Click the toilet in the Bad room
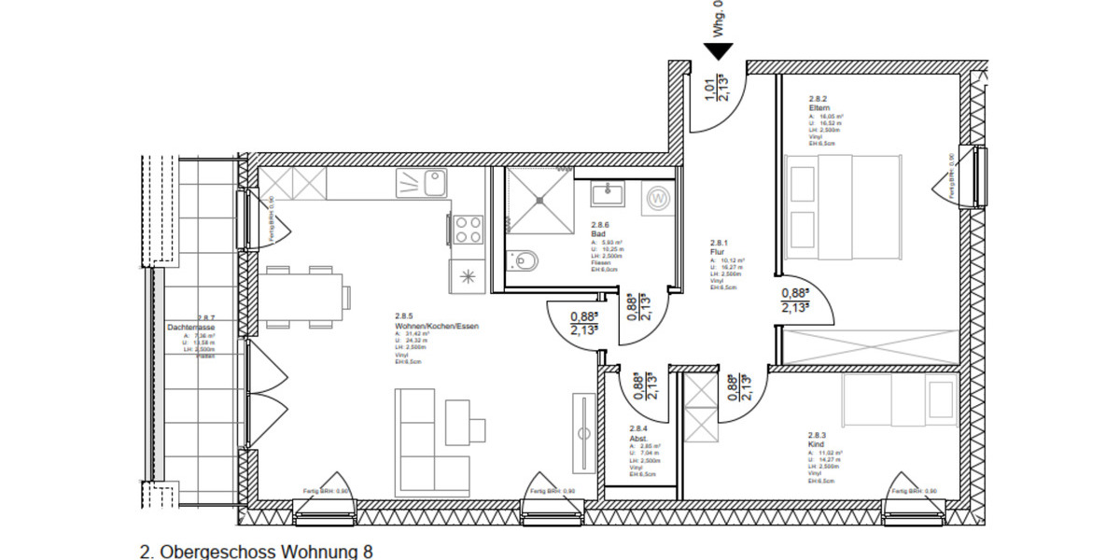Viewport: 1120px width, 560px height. click(x=525, y=261)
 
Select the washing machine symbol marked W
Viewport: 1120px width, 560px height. click(x=659, y=198)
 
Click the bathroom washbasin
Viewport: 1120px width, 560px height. click(x=607, y=194)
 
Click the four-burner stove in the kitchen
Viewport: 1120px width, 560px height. click(x=468, y=229)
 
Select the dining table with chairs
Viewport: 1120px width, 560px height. click(x=305, y=297)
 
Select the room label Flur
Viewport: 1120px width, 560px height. click(x=717, y=251)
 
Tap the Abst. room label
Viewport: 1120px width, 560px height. click(x=638, y=439)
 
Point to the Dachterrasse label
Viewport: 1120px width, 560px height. click(x=192, y=329)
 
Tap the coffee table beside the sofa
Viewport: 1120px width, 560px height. click(x=465, y=423)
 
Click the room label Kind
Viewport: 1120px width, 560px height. click(x=816, y=444)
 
